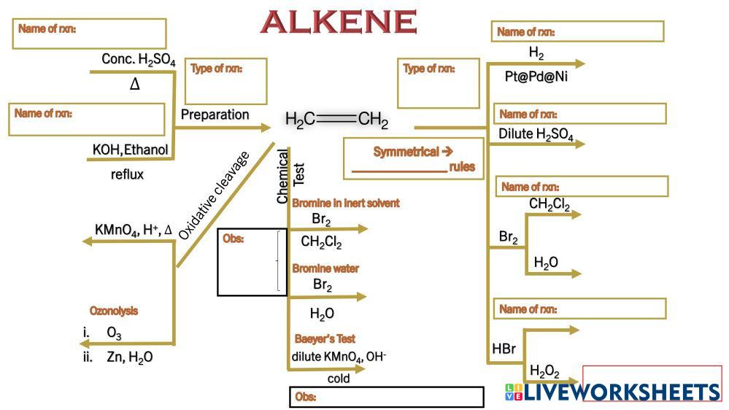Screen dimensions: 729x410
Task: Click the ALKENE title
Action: [338, 22]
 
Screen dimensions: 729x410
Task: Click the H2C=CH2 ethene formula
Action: [336, 120]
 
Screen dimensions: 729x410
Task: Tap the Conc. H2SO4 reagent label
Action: [139, 61]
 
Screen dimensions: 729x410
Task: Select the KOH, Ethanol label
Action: [131, 150]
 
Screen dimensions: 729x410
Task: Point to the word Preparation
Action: [215, 115]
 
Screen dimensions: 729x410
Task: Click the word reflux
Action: [127, 174]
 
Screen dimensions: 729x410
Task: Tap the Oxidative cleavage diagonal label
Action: [213, 195]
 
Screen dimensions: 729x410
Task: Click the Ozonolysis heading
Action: [114, 311]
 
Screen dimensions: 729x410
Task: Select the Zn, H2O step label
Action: [129, 357]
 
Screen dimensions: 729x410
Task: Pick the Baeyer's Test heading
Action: [325, 339]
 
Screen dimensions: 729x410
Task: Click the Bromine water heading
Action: [325, 268]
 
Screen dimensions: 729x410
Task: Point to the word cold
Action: [339, 379]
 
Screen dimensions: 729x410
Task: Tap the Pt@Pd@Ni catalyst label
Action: [536, 77]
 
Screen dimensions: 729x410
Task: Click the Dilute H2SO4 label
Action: [536, 134]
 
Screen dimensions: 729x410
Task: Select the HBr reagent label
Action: [504, 349]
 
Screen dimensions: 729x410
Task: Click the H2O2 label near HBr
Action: [544, 371]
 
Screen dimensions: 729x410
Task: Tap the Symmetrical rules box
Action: [413, 159]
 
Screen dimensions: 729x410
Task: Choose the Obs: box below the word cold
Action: [386, 398]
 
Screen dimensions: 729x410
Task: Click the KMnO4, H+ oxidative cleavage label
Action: [134, 230]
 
